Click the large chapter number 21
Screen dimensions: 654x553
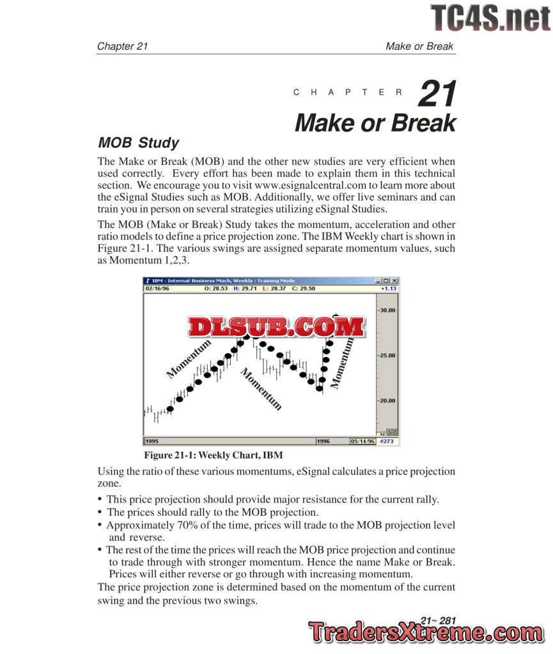pyautogui.click(x=438, y=94)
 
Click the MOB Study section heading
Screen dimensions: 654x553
pyautogui.click(x=137, y=143)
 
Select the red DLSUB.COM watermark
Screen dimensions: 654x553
pyautogui.click(x=276, y=327)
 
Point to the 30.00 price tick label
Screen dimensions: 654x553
pyautogui.click(x=386, y=310)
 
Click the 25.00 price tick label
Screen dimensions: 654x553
pyautogui.click(x=386, y=356)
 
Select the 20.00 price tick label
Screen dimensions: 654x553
pyautogui.click(x=386, y=401)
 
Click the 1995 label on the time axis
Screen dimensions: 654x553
pyautogui.click(x=152, y=441)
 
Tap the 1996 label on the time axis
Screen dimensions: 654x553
pyautogui.click(x=325, y=441)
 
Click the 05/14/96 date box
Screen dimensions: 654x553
pyautogui.click(x=362, y=441)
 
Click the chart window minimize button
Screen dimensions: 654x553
pyautogui.click(x=379, y=280)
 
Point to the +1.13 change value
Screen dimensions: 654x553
pyautogui.click(x=389, y=289)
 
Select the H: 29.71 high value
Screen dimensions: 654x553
pyautogui.click(x=244, y=289)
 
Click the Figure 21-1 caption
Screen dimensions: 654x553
pyautogui.click(x=213, y=455)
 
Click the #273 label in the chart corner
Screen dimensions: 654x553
pyautogui.click(x=387, y=441)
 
